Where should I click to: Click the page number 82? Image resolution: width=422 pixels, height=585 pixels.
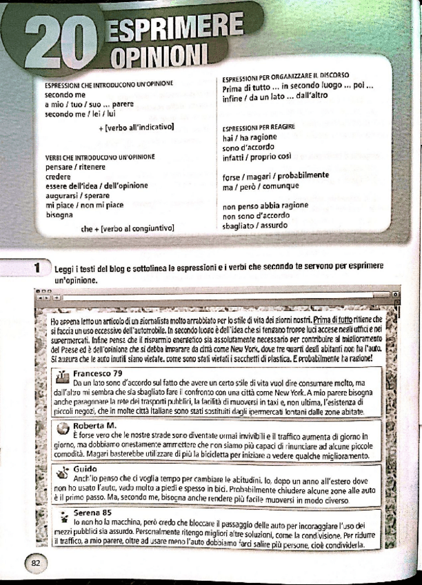pos(36,563)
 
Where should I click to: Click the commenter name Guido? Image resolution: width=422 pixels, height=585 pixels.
pos(86,468)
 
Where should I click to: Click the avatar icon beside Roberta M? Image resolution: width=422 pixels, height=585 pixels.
pos(61,427)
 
